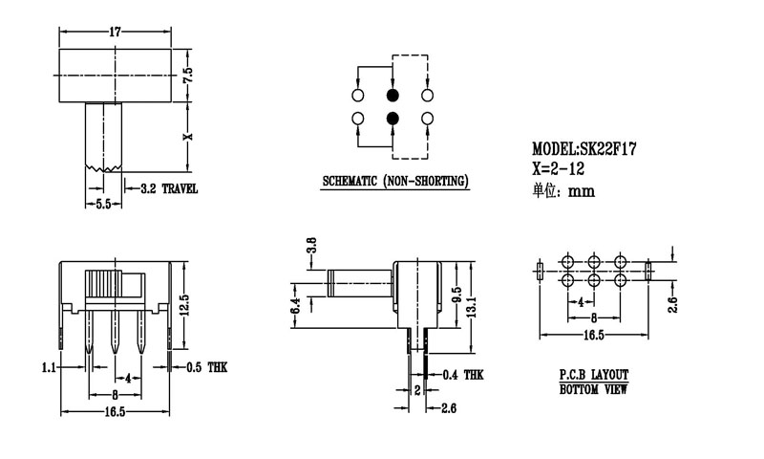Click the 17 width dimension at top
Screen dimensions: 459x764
[x=115, y=32]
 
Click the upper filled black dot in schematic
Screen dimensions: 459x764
[x=392, y=96]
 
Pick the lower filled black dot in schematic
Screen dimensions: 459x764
[x=392, y=119]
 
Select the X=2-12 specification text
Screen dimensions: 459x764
[x=559, y=169]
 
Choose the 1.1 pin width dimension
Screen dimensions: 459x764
[x=49, y=366]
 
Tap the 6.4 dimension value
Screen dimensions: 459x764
[x=296, y=305]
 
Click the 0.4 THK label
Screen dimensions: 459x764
[x=463, y=376]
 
